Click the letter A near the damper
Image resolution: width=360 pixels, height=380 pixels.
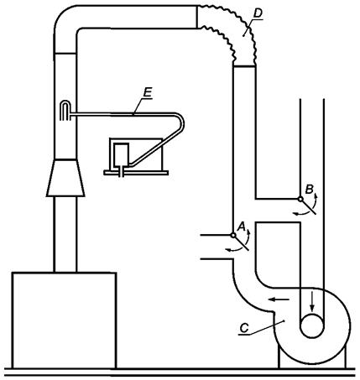point(242,226)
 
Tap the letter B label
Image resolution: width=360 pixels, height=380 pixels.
point(309,190)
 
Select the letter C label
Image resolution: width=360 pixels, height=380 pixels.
point(244,328)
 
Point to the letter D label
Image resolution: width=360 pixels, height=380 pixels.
point(258,13)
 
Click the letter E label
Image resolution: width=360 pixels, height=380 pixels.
point(148,92)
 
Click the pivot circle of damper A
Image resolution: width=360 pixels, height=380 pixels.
point(233,236)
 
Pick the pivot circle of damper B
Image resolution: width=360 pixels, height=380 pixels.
point(300,199)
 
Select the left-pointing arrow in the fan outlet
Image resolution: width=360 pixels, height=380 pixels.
point(279,299)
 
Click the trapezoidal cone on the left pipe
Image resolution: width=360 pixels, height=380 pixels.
point(65,178)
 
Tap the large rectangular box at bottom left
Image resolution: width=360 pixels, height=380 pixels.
point(64,320)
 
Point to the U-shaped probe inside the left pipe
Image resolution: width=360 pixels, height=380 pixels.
point(65,110)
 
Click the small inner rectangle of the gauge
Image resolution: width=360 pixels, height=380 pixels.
point(121,154)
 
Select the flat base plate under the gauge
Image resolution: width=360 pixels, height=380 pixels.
point(136,173)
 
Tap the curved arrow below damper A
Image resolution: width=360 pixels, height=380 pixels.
point(234,249)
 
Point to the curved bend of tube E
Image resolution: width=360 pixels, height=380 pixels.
point(181,121)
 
